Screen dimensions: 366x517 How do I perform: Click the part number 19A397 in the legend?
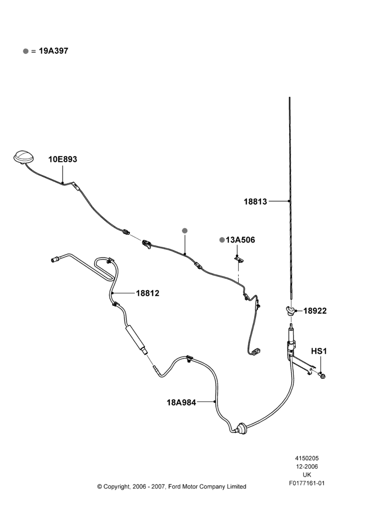coord(53,51)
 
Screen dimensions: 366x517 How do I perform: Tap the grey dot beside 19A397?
coord(26,51)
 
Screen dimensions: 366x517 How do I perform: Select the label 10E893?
coord(63,159)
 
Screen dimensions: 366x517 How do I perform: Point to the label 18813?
coord(255,201)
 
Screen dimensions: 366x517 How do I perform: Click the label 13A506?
coord(240,240)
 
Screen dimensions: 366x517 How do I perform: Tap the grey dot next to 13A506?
coord(222,240)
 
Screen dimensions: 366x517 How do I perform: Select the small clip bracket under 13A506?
coord(239,259)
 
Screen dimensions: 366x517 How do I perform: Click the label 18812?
coord(148,293)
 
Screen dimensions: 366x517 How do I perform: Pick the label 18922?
coord(315,311)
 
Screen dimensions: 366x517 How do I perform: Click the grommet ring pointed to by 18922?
coord(291,311)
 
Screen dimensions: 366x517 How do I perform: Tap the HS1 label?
coord(319,352)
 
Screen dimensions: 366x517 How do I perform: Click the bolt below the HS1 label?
coord(322,375)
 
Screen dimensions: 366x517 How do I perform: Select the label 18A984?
coord(181,402)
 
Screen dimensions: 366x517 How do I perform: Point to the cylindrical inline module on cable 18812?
coord(136,339)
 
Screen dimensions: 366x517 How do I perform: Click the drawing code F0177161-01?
coord(307,483)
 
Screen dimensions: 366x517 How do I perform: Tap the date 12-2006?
coord(307,466)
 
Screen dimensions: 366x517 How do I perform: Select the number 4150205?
coord(307,458)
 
